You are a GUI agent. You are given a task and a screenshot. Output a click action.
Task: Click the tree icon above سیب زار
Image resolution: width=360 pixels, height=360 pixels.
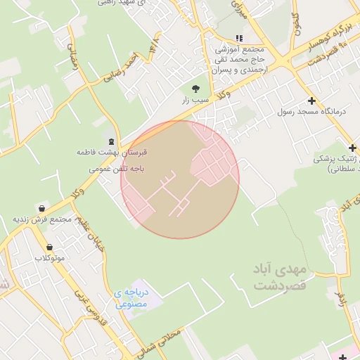(195, 88)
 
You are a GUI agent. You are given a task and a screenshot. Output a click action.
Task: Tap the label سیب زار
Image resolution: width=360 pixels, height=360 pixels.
(195, 101)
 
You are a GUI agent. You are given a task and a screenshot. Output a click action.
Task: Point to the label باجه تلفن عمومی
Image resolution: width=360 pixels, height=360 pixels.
(117, 169)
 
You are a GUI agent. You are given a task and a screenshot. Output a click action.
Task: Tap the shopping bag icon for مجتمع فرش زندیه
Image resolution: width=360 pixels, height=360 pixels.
(42, 209)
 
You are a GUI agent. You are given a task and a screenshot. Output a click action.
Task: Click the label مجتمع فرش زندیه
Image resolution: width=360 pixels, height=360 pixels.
(43, 219)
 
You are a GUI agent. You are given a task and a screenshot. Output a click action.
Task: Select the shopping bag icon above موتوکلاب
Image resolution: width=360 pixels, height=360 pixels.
(49, 247)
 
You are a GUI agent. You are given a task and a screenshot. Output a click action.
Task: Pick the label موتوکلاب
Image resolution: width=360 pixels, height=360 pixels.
(49, 258)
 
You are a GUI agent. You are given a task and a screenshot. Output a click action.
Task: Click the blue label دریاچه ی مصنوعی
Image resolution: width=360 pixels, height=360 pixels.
(134, 299)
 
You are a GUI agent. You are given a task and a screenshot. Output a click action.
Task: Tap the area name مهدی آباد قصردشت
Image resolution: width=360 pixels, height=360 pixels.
(278, 278)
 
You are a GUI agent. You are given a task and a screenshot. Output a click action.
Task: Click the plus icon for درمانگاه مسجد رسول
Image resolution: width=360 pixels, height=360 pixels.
(311, 101)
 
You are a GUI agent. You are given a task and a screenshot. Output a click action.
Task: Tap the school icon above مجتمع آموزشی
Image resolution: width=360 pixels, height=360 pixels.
(239, 38)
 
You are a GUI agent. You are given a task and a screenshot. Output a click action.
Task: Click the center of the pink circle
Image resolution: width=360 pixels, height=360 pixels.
(180, 179)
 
